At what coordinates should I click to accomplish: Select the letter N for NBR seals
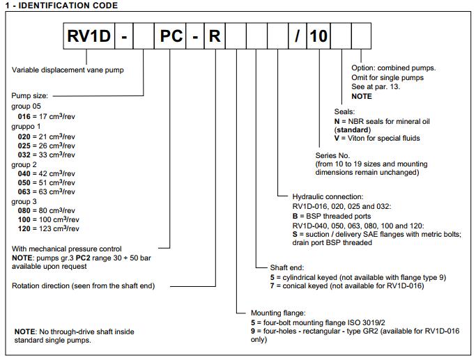pyautogui.click(x=337, y=120)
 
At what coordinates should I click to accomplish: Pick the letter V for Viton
pyautogui.click(x=337, y=139)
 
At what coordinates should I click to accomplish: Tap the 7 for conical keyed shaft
pyautogui.click(x=273, y=287)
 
